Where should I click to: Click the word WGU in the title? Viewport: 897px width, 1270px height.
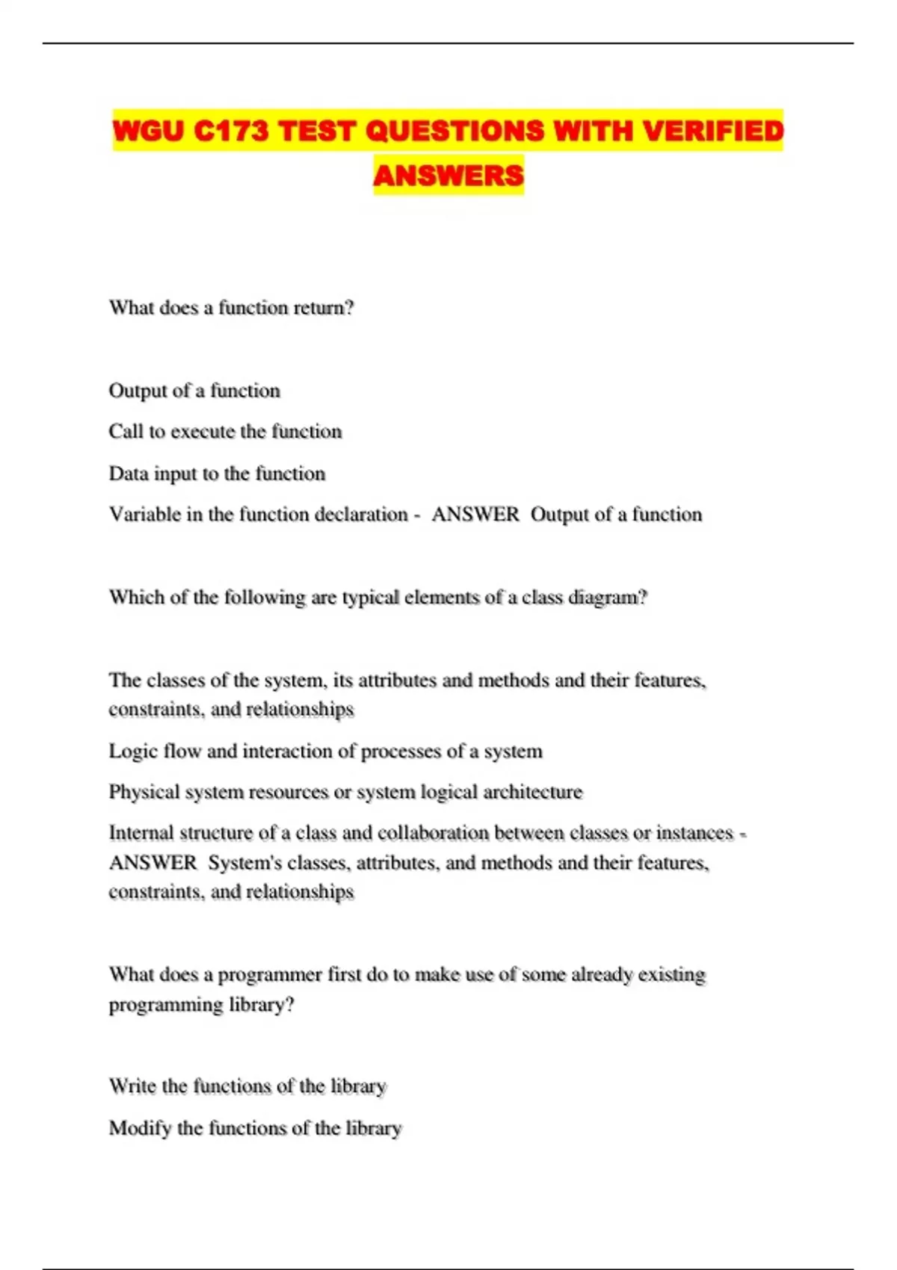tap(148, 131)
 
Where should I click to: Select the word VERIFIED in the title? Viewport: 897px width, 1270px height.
tap(713, 131)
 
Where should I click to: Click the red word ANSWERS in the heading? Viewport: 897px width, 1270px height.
tap(449, 176)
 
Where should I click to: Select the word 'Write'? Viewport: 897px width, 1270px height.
tap(132, 1086)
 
